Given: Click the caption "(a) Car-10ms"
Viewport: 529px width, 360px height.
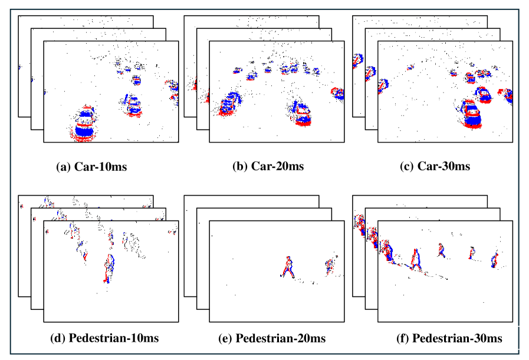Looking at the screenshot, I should click(91, 166).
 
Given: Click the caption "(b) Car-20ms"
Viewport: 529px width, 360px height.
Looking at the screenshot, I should click(268, 166).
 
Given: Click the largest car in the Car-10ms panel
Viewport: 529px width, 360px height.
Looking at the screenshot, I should click(86, 124).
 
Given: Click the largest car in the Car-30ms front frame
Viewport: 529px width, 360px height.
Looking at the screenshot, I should click(472, 114).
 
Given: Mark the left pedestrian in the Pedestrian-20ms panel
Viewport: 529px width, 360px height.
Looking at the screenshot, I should click(288, 267).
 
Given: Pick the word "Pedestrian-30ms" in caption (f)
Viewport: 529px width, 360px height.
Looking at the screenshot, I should click(458, 338).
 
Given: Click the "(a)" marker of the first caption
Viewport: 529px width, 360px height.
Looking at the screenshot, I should click(63, 166).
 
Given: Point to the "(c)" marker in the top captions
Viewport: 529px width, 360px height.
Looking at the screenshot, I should click(407, 166).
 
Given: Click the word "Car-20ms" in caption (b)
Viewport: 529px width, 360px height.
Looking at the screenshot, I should click(277, 166).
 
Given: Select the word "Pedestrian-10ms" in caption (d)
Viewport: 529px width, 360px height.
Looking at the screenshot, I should click(114, 338).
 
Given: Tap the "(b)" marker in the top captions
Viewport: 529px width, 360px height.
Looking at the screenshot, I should click(240, 166).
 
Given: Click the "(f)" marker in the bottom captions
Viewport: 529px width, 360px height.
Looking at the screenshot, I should click(403, 338).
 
